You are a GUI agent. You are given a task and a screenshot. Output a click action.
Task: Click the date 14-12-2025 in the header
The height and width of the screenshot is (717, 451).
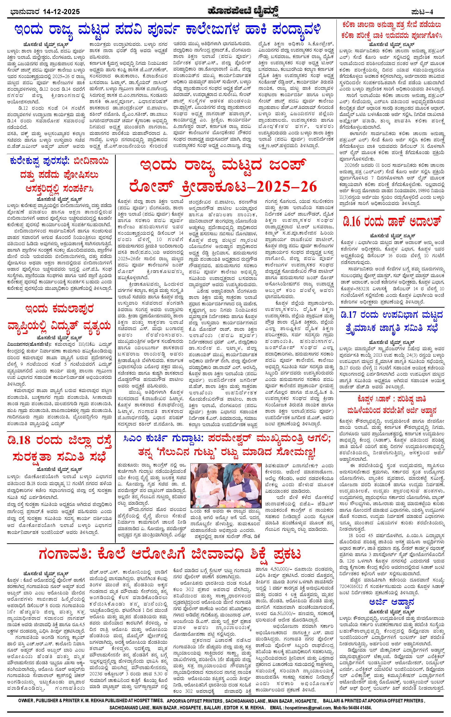point(61,12)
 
